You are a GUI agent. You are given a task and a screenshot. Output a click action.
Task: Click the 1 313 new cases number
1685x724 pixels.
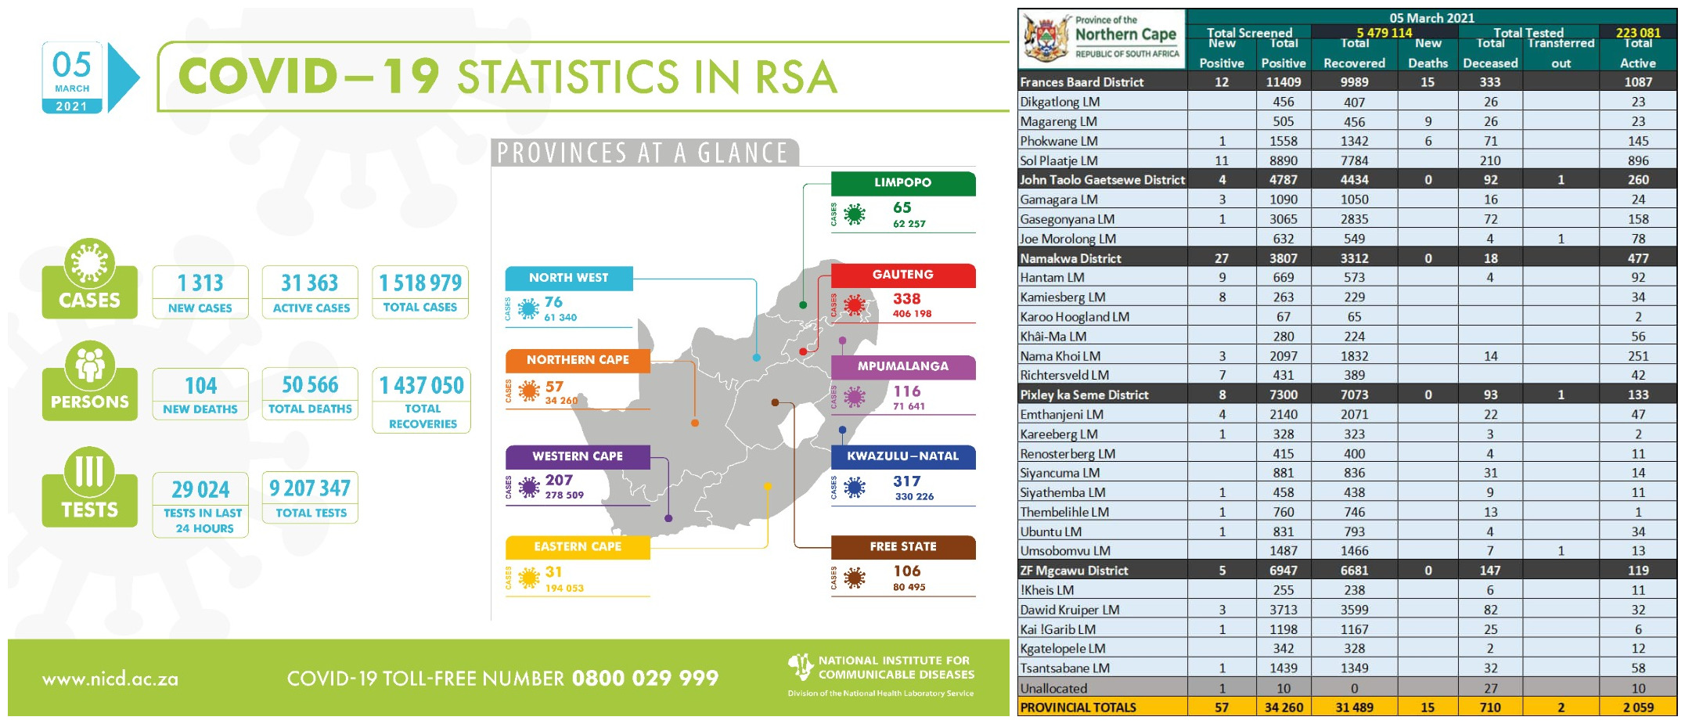point(200,283)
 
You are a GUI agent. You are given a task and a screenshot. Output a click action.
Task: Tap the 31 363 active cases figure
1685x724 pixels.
point(310,283)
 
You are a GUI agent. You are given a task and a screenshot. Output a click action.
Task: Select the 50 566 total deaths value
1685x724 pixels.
point(310,385)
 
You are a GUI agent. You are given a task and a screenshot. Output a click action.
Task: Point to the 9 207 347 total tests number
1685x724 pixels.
point(310,488)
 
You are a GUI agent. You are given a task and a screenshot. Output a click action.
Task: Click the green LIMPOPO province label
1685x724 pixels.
point(902,182)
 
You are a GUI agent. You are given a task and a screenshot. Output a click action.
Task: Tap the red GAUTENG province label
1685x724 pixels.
point(902,275)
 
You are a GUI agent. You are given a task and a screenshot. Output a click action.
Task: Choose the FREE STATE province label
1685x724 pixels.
point(902,546)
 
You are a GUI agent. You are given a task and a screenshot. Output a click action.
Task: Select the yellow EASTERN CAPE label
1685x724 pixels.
point(578,546)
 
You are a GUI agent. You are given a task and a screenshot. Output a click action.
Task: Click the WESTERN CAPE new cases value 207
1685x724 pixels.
point(559,480)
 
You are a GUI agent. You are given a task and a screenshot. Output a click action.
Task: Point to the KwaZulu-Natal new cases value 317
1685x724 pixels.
point(906,481)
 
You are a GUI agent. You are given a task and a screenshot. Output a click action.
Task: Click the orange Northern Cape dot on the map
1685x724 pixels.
point(695,423)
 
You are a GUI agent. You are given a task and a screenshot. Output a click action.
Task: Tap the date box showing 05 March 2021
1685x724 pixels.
point(72,78)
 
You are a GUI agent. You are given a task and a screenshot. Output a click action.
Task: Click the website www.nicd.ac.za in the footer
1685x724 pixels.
point(110,679)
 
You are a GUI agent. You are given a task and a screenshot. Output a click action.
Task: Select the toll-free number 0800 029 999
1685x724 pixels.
point(645,678)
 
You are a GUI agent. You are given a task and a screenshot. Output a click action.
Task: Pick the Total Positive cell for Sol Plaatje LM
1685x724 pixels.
point(1283,160)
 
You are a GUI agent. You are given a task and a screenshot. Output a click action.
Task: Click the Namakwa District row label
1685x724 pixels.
point(1070,258)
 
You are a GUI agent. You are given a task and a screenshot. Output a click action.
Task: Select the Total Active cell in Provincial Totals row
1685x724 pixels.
point(1637,708)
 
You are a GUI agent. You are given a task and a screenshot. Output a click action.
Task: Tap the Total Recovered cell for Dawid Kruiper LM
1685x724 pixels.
point(1354,610)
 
